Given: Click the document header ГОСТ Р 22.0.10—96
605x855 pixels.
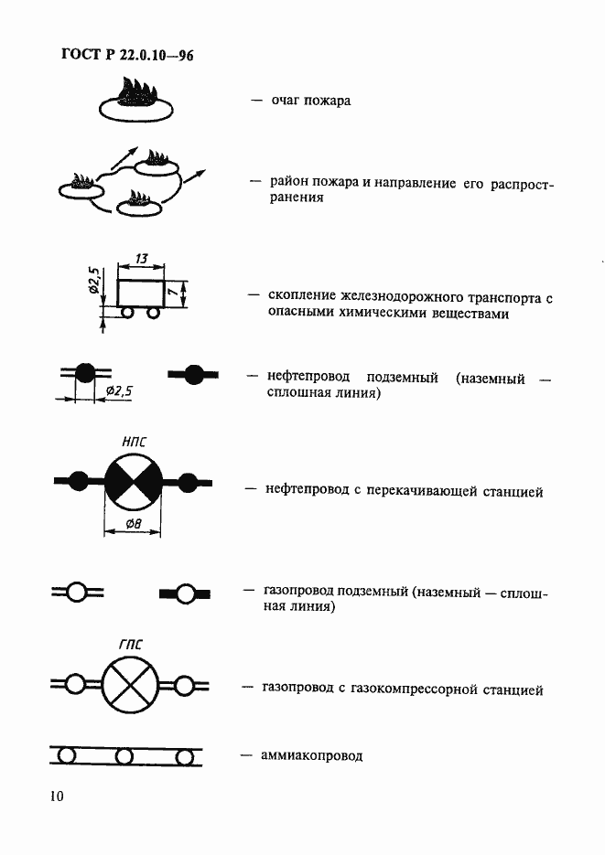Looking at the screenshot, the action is [127, 56].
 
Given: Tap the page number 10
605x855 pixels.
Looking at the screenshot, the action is [57, 796].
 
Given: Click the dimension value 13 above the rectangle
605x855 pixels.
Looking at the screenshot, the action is [141, 260].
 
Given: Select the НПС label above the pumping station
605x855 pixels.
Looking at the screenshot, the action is [134, 442].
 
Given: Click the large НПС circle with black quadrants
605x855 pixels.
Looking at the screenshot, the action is [133, 481].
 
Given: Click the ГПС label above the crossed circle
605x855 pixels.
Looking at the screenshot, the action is [131, 645].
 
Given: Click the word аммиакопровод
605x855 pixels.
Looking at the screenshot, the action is [313, 755].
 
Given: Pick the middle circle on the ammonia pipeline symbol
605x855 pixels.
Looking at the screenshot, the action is [124, 756].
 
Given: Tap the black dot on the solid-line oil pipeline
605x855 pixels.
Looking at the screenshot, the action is [193, 373].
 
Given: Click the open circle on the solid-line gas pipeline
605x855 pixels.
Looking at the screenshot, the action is [186, 593].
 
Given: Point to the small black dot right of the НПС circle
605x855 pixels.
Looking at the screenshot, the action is [187, 481].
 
